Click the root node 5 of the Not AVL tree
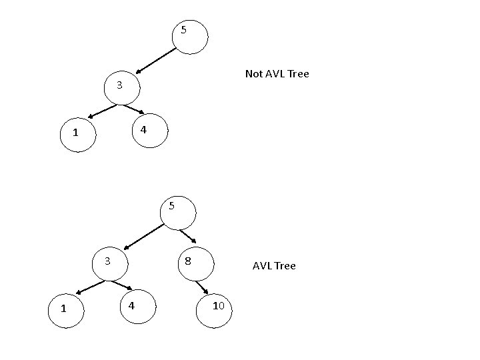tap(189, 35)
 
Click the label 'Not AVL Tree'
tap(277, 74)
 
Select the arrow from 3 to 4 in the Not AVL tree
tap(133, 110)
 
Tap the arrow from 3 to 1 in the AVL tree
tap(91, 286)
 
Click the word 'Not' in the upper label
tap(253, 74)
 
